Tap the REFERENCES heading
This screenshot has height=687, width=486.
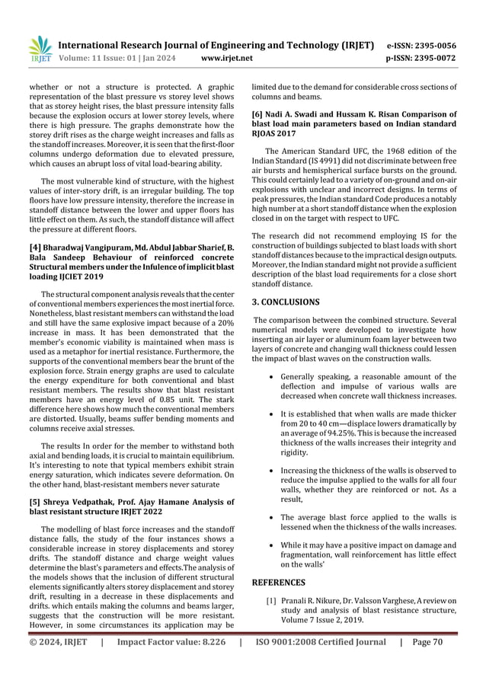(279, 583)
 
